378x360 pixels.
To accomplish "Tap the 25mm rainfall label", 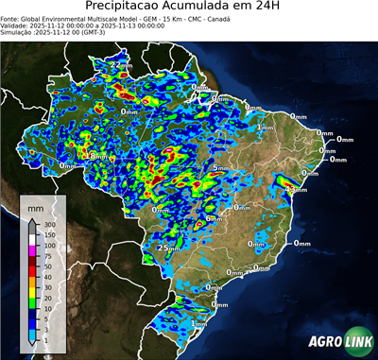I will click(170, 248).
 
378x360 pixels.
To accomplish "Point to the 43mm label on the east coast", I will click(296, 190).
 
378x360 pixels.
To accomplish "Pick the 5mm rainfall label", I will click(219, 169).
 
